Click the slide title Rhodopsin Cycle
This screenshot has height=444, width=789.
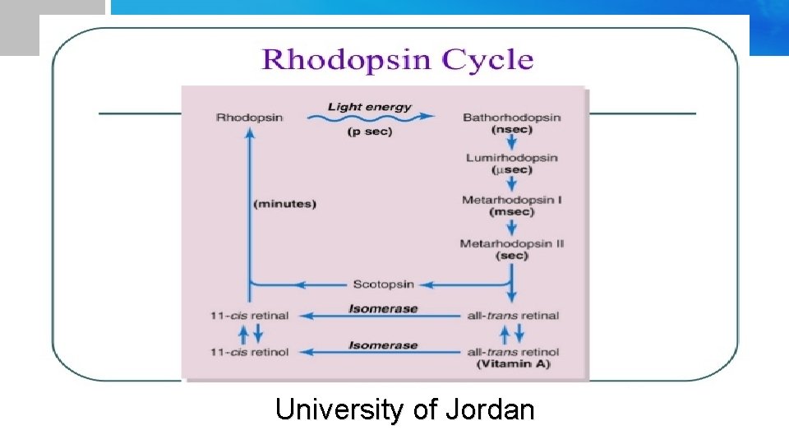click(397, 60)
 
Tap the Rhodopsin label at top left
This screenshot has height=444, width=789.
click(249, 118)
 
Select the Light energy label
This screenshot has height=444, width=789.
click(369, 107)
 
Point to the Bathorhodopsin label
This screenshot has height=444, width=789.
click(511, 118)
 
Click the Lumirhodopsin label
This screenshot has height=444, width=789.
click(511, 158)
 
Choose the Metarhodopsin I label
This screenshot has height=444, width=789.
click(511, 201)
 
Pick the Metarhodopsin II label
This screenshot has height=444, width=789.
click(511, 244)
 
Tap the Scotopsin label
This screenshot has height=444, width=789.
click(383, 284)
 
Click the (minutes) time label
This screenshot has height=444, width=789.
click(285, 204)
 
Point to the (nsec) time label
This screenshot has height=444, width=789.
click(511, 130)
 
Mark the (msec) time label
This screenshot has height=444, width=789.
click(511, 212)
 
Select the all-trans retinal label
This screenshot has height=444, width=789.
click(512, 315)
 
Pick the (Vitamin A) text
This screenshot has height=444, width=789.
click(513, 363)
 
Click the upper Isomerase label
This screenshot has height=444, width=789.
click(383, 308)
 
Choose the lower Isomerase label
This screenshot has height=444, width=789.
click(383, 345)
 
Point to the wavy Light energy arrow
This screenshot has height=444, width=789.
click(370, 119)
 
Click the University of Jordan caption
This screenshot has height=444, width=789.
click(404, 409)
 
